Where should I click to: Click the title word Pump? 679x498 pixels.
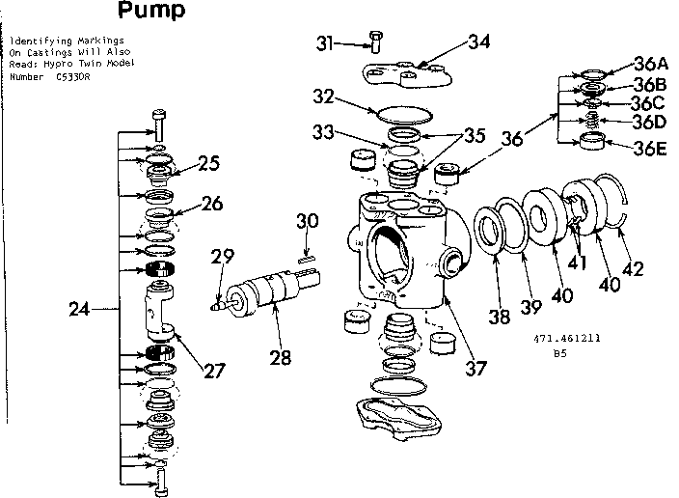pyautogui.click(x=151, y=12)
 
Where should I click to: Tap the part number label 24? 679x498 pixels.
pyautogui.click(x=81, y=310)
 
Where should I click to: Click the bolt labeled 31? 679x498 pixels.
pyautogui.click(x=373, y=41)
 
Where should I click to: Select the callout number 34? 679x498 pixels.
pyautogui.click(x=479, y=41)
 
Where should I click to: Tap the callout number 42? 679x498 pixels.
pyautogui.click(x=633, y=269)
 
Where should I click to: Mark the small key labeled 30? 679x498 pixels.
pyautogui.click(x=306, y=258)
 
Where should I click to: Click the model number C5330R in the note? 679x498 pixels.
pyautogui.click(x=74, y=74)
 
